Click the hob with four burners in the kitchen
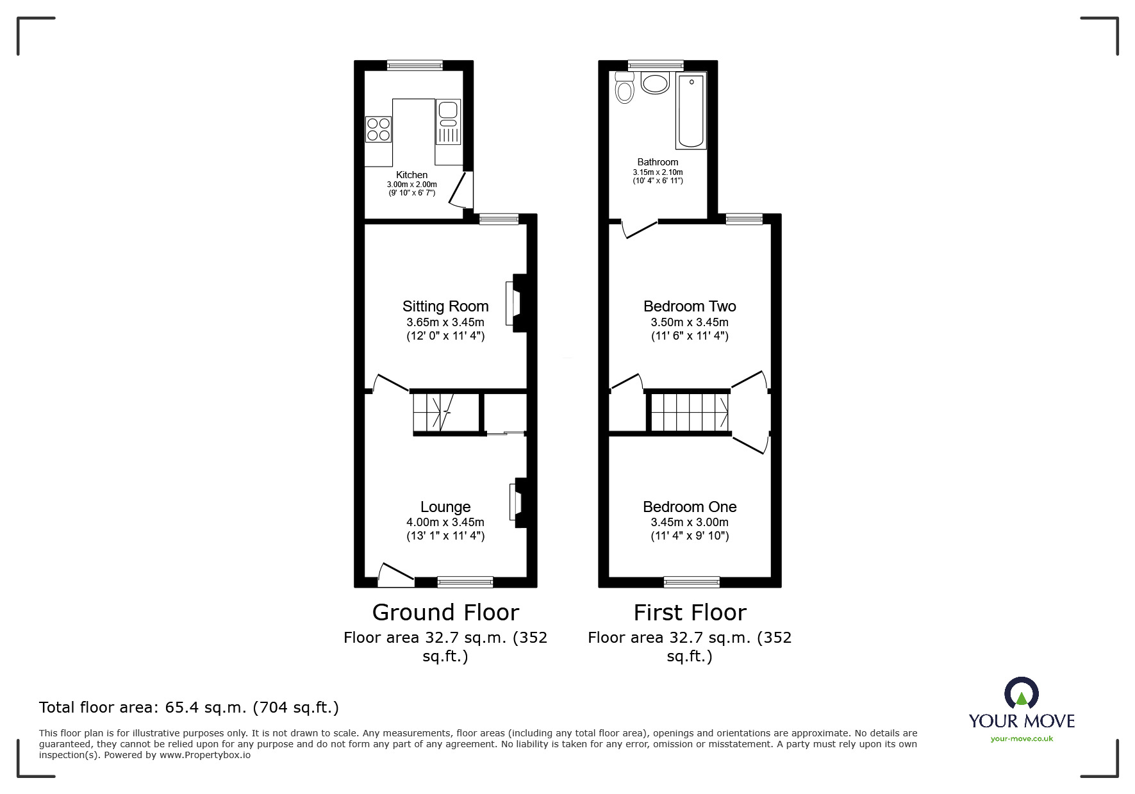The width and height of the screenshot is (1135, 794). [x=378, y=129]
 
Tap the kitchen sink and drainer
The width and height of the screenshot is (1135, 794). [x=448, y=122]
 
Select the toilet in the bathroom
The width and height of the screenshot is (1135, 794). [x=624, y=88]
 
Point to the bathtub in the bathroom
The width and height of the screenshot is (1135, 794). [x=691, y=110]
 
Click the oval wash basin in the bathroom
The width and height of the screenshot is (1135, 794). [x=655, y=83]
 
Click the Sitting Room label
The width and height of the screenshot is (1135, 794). [x=445, y=306]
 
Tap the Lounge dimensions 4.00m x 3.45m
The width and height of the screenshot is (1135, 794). [x=445, y=522]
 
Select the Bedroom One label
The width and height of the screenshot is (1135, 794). [x=690, y=507]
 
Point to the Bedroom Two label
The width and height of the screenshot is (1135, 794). [x=690, y=306]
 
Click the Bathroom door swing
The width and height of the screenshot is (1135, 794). [x=638, y=229]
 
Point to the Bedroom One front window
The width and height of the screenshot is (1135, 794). [x=692, y=582]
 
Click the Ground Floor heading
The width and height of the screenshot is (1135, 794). [x=445, y=613]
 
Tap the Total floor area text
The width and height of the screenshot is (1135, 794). [x=189, y=707]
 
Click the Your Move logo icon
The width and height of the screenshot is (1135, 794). [x=1021, y=693]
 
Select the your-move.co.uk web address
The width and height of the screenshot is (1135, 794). [x=1022, y=739]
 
